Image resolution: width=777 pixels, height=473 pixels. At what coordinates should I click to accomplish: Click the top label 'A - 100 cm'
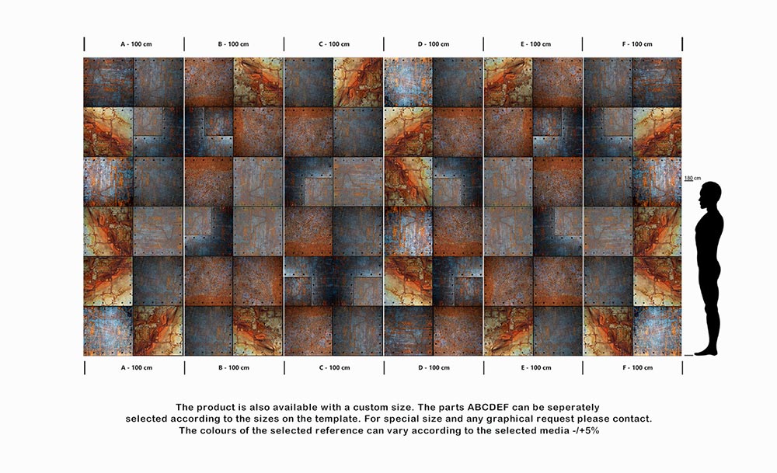click(136, 44)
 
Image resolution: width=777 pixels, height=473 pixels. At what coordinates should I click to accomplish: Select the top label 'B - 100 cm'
click(234, 44)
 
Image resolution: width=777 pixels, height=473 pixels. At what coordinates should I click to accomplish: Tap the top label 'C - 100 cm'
click(334, 44)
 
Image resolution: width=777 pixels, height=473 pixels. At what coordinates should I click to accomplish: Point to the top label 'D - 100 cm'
click(434, 44)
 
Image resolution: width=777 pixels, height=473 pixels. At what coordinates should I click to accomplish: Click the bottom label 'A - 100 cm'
click(136, 367)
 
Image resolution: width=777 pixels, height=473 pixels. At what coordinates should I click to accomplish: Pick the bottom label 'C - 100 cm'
click(334, 367)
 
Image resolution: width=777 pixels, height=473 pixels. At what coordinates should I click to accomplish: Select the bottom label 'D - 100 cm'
click(434, 367)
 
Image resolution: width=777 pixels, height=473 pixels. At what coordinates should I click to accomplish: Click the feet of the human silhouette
click(707, 351)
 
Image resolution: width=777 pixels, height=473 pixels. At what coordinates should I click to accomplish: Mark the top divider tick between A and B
click(184, 44)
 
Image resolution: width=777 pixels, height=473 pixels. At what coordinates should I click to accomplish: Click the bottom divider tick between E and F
click(583, 367)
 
